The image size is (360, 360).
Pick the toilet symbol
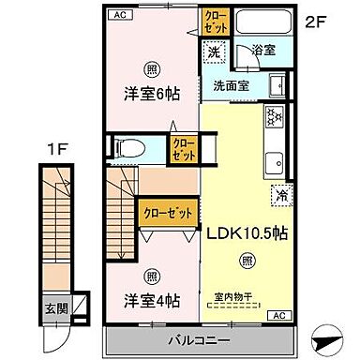tap(129, 146)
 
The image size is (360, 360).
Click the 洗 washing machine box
tap(215, 52)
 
